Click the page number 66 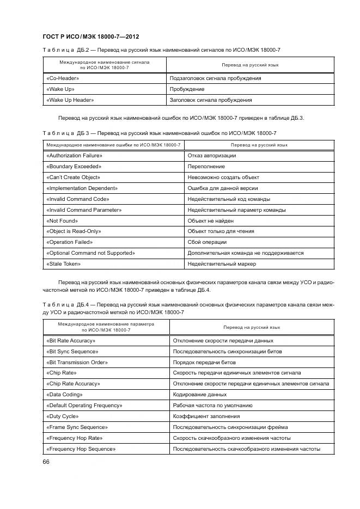pos(46,462)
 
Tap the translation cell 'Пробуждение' pos(187,89)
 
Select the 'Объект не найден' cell pos(211,220)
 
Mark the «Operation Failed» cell pos(70,242)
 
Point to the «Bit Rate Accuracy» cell pos(71,340)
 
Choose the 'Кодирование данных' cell pos(199,394)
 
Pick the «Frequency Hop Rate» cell pos(75,438)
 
